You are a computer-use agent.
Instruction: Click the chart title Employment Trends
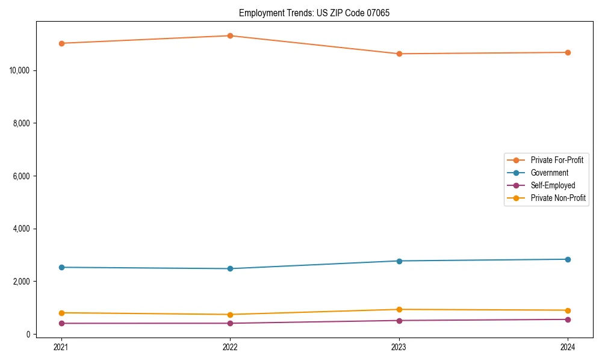pyautogui.click(x=314, y=13)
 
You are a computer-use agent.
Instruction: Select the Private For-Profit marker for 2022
pyautogui.click(x=230, y=35)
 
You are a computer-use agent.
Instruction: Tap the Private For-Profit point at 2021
pyautogui.click(x=61, y=43)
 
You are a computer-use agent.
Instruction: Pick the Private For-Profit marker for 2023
pyautogui.click(x=399, y=54)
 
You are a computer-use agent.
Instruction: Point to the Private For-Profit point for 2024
pyautogui.click(x=568, y=52)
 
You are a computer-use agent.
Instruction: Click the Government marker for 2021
pyautogui.click(x=61, y=267)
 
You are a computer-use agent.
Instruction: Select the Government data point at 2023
pyautogui.click(x=399, y=261)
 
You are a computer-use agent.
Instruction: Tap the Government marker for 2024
pyautogui.click(x=568, y=259)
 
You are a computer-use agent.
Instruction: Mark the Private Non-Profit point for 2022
pyautogui.click(x=230, y=315)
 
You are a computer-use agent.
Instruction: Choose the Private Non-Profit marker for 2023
pyautogui.click(x=399, y=309)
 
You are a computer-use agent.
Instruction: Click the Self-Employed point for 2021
pyautogui.click(x=61, y=323)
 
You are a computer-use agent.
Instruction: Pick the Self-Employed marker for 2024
pyautogui.click(x=568, y=319)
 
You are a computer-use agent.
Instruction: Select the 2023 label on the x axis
pyautogui.click(x=399, y=347)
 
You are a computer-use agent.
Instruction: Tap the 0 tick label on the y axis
pyautogui.click(x=28, y=335)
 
